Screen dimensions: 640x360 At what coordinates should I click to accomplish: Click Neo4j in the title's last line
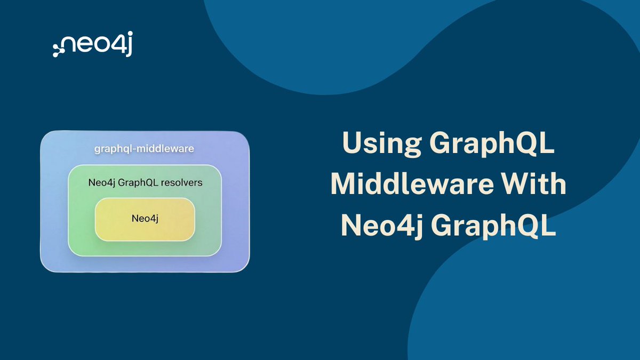point(382,226)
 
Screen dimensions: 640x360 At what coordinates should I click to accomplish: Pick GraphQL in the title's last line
point(493,226)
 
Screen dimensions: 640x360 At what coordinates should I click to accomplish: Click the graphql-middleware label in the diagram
point(145,149)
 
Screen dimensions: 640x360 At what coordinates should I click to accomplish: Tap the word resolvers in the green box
point(181,182)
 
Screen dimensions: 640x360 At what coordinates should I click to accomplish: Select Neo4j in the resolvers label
point(102,182)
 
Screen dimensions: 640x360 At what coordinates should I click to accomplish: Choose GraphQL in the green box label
point(138,182)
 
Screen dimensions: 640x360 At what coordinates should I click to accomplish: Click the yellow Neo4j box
point(145,219)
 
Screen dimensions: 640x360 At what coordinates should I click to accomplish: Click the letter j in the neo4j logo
point(129,44)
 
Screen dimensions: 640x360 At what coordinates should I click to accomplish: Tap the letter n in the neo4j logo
point(70,44)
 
